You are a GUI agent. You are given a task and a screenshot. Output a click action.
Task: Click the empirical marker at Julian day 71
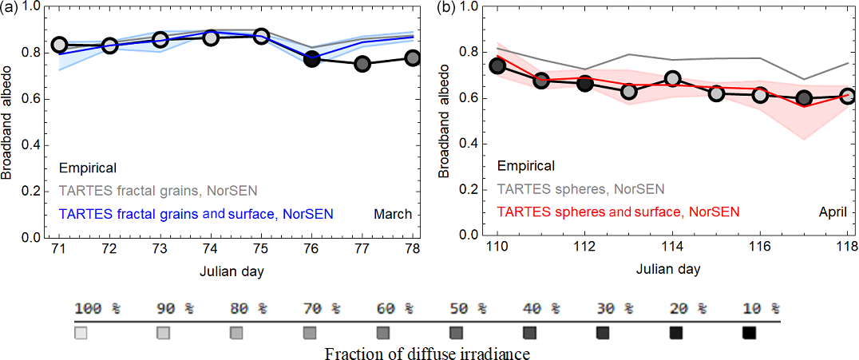point(59,45)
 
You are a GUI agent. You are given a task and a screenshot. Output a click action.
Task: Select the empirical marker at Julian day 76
point(312,59)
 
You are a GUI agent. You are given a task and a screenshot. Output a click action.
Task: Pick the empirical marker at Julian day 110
point(497,65)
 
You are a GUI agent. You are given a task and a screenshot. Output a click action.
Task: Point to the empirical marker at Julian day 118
point(847,96)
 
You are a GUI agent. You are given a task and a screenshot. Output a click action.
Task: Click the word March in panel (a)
point(392,214)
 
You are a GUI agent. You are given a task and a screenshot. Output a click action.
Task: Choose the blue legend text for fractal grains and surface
point(196,214)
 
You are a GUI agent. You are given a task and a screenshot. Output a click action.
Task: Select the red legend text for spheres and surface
point(618,212)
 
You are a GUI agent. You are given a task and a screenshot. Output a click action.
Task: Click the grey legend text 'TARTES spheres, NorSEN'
point(580,189)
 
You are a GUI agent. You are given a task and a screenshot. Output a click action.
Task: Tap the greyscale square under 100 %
point(81,333)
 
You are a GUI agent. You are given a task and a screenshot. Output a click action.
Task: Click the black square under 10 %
point(749,333)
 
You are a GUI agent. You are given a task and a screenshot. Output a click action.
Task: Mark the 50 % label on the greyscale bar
point(459,309)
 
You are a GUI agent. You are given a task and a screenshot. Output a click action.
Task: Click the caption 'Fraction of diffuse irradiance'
point(427,352)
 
